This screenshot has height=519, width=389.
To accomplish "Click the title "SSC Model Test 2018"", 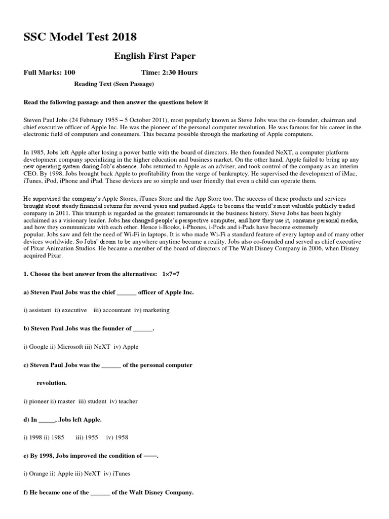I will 80,37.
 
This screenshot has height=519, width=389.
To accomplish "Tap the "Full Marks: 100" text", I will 50,72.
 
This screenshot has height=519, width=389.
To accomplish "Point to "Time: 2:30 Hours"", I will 169,72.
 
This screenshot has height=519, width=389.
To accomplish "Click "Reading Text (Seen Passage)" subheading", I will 114,84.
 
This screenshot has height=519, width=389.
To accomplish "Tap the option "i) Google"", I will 35,347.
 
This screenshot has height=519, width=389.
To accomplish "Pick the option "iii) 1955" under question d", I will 85,437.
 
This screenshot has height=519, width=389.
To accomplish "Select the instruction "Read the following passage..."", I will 116,102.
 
